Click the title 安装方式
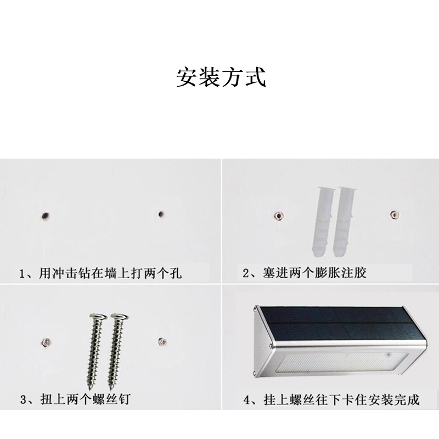point(221,77)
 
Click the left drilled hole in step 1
point(45,215)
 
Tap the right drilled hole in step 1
point(161,214)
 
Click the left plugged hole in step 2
point(278,215)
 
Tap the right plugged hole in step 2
point(393,214)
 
